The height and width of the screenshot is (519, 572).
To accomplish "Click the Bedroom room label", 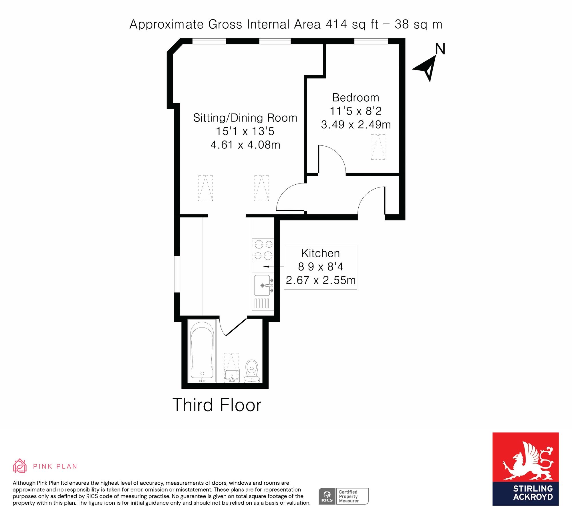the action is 356,98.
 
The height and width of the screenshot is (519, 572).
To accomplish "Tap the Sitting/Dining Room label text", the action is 245,118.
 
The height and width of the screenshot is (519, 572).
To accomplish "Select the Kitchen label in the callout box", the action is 321,253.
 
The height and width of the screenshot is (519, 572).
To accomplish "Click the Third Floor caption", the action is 217,405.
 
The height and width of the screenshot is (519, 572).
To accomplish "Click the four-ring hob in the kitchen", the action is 263,250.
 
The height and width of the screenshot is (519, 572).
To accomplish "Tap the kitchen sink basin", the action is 262,285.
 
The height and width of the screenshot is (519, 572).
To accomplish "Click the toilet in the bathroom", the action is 252,371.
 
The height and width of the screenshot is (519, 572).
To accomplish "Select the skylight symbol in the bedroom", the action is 378,147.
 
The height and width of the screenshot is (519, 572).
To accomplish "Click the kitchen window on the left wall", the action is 177,274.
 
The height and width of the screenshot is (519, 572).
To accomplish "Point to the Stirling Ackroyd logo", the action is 525,469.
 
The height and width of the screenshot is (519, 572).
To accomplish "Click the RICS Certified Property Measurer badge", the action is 343,496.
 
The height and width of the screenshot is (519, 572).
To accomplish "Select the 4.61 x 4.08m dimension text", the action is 245,145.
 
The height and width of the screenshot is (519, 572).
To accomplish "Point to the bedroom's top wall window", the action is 371,41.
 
